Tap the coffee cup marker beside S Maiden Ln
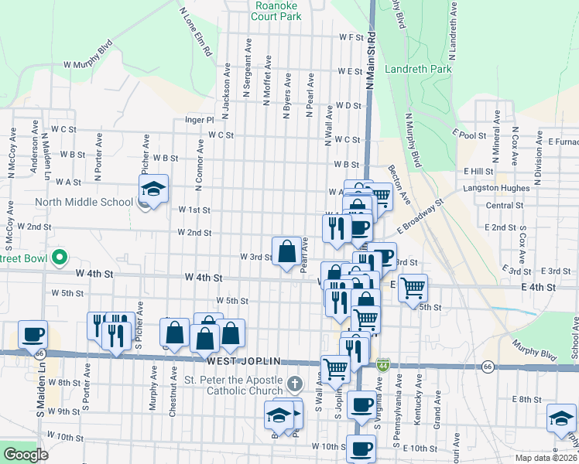click(33, 334)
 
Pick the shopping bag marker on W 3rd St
click(286, 251)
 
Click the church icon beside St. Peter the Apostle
click(293, 384)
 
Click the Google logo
click(25, 455)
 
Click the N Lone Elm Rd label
click(195, 32)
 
